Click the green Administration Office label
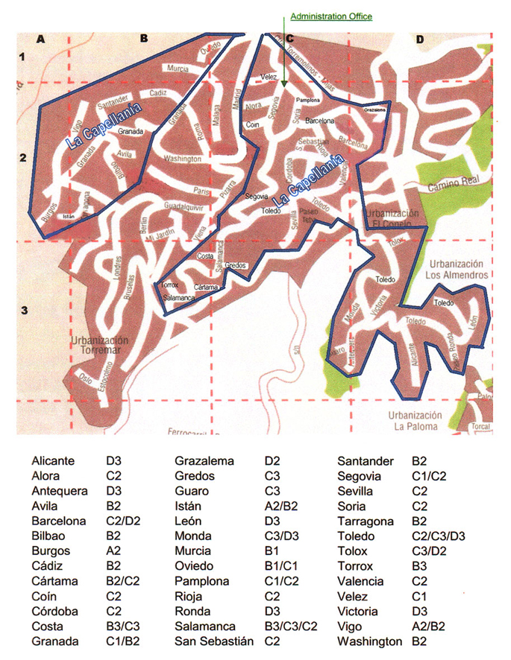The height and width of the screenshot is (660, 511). point(330,16)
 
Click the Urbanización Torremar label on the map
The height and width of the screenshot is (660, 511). point(99,345)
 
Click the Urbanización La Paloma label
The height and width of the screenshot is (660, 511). point(416,420)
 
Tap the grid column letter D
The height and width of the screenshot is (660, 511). point(420,39)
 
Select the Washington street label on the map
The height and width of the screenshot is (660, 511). point(182,159)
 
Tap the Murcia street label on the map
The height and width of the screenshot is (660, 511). point(178,68)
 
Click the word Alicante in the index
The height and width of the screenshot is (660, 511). point(54,461)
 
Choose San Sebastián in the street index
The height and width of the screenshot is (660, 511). point(208,641)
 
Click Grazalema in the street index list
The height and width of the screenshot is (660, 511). point(203,461)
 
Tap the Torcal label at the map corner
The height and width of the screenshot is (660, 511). point(481,428)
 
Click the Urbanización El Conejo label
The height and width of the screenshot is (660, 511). point(394,218)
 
